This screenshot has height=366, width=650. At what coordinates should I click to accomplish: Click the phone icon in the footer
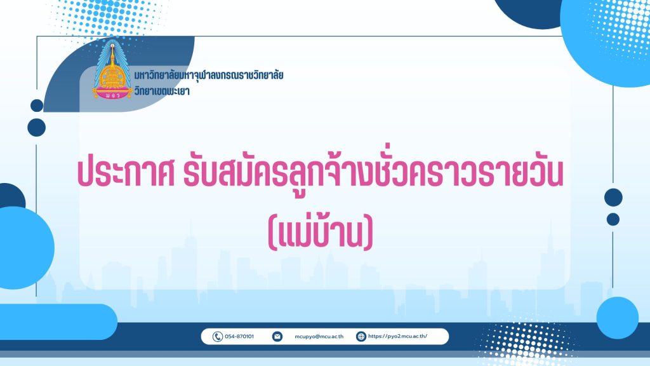pos(218,337)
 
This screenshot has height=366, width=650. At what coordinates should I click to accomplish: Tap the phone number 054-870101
pos(239,337)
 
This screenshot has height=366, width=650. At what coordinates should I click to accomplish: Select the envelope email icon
pos(277,337)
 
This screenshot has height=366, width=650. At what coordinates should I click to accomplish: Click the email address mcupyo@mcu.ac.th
pos(319,337)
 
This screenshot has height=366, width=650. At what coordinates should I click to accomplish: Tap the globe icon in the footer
pos(361,337)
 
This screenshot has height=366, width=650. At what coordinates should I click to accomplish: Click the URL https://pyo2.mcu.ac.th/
pos(397,337)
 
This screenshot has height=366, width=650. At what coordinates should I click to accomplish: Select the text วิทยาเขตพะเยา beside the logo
pos(162,91)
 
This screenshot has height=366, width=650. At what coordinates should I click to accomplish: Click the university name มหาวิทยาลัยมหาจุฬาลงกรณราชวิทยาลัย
pos(208,75)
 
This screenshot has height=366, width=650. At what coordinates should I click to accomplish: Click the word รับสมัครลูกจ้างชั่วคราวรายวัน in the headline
pos(373,173)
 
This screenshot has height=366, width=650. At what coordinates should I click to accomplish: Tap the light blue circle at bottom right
pos(617,318)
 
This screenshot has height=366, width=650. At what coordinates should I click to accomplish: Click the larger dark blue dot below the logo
pos(36,127)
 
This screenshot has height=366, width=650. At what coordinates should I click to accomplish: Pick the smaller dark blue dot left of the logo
pos(37,105)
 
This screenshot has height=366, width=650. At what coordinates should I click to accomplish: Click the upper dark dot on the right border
pos(613,197)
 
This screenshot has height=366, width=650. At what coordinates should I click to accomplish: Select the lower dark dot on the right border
pos(613,219)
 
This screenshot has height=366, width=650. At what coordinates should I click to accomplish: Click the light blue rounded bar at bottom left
pos(58,322)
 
